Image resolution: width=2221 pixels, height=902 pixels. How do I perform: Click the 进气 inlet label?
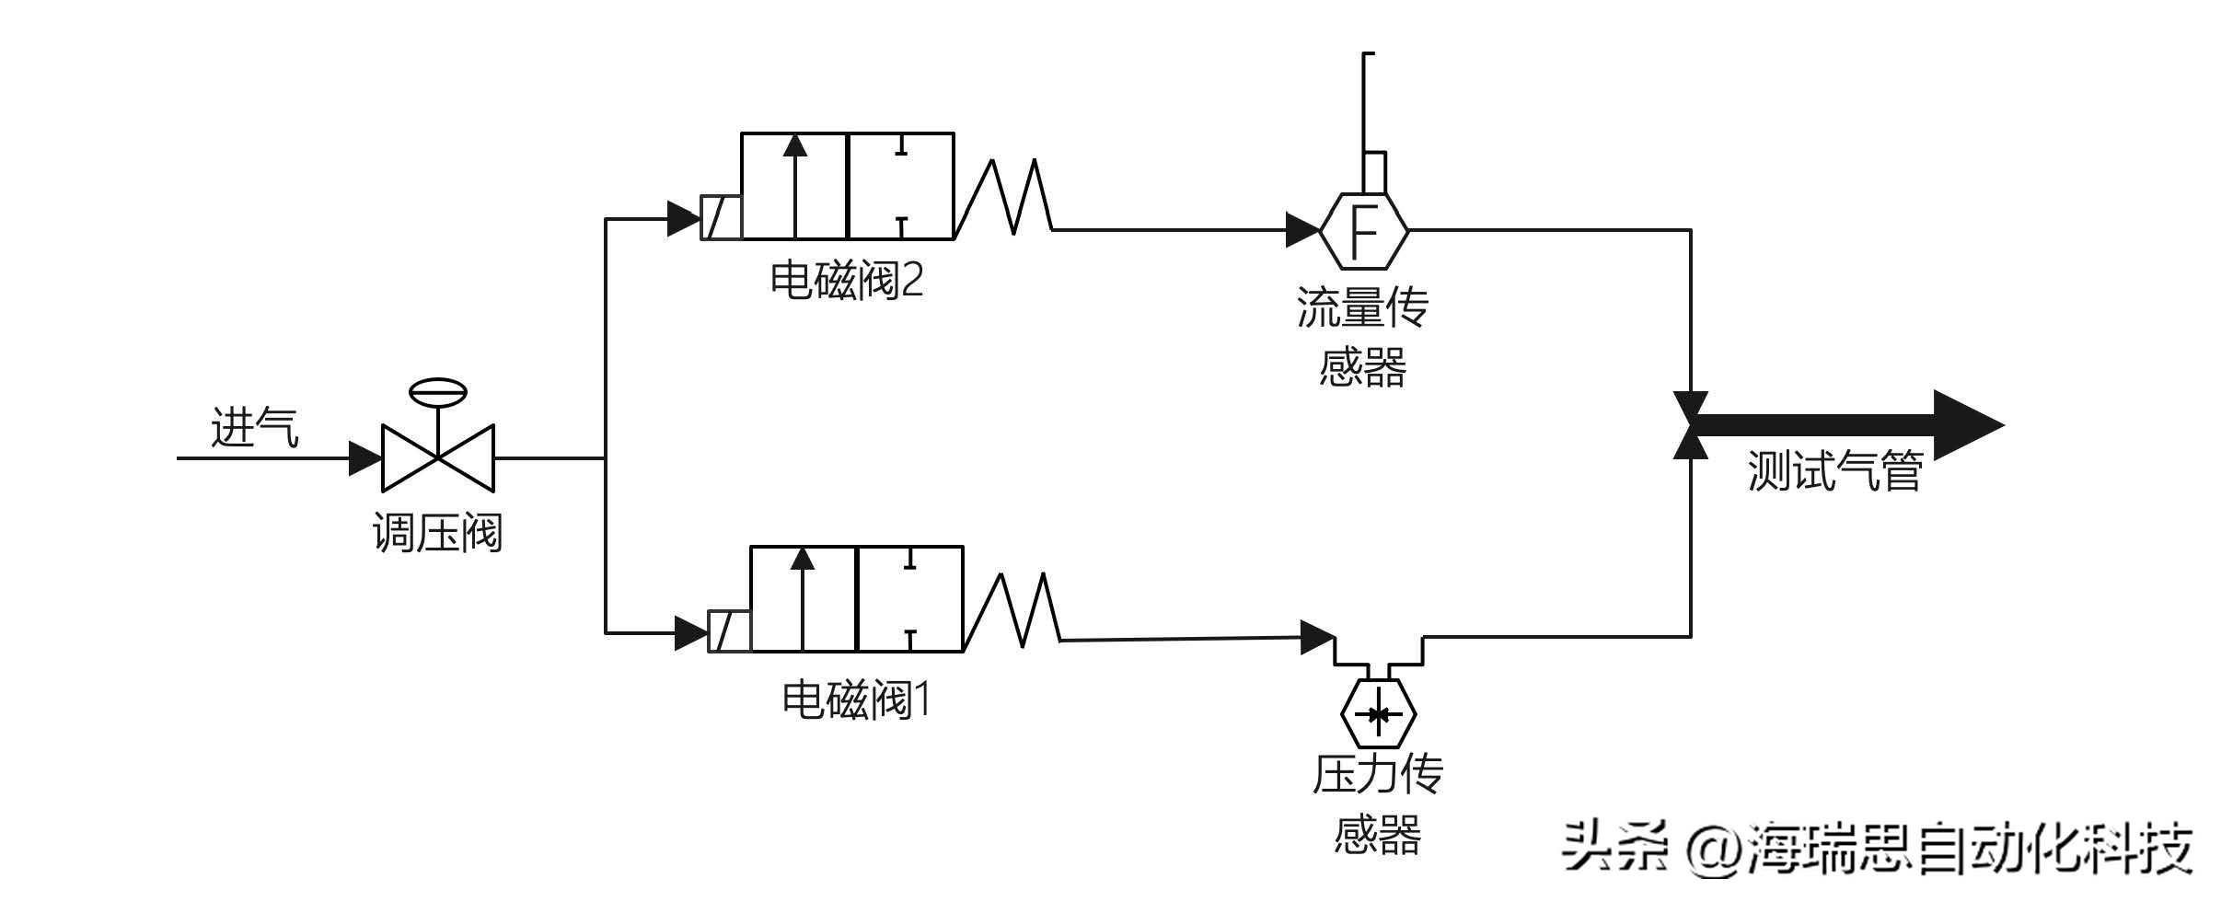coord(255,428)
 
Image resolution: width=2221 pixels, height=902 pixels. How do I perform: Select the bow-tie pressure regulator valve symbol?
coord(438,457)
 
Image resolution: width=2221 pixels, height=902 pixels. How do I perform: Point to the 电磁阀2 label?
coord(846,280)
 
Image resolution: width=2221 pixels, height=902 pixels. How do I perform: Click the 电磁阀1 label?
coord(856,700)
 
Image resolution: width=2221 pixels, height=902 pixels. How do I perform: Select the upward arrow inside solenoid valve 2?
coord(796,184)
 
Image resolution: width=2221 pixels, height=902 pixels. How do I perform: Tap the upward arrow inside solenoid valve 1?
coord(803,598)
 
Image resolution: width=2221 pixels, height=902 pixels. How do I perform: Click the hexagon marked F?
coord(1363,230)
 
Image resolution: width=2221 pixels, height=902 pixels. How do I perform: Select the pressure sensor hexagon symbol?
coord(1378,714)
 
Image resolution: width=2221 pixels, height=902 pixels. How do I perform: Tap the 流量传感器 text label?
coord(1362,337)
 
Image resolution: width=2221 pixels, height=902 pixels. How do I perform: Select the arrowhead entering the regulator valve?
coord(364,457)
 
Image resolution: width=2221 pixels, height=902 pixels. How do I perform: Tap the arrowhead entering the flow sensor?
coord(1301,230)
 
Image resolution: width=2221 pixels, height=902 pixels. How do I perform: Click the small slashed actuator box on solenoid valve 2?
coord(721,218)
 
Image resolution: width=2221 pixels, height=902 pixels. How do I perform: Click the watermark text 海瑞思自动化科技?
coord(1970,849)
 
